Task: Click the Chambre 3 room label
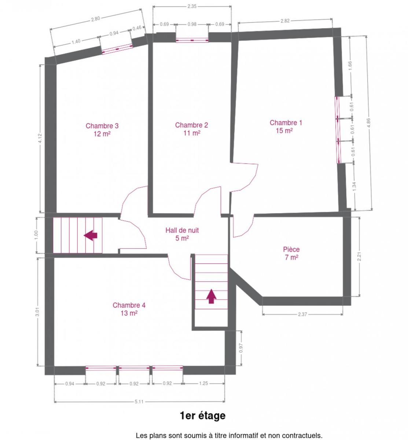[x=102, y=129]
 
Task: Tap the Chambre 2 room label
[x=191, y=129]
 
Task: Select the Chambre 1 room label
[x=286, y=126]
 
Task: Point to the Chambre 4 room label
[x=129, y=309]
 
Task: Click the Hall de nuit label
[x=182, y=234]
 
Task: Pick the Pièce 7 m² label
[x=291, y=253]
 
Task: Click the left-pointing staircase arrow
[x=91, y=235]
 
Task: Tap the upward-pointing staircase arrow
[x=211, y=296]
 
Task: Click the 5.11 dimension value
[x=139, y=401]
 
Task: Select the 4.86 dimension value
[x=368, y=123]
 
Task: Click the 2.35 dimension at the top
[x=192, y=7]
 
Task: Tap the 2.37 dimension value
[x=302, y=314]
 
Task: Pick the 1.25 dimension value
[x=203, y=383]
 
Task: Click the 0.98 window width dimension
[x=192, y=24]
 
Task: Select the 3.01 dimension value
[x=37, y=312]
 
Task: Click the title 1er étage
[x=203, y=415]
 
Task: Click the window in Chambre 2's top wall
[x=192, y=40]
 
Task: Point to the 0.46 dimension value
[x=137, y=28]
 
